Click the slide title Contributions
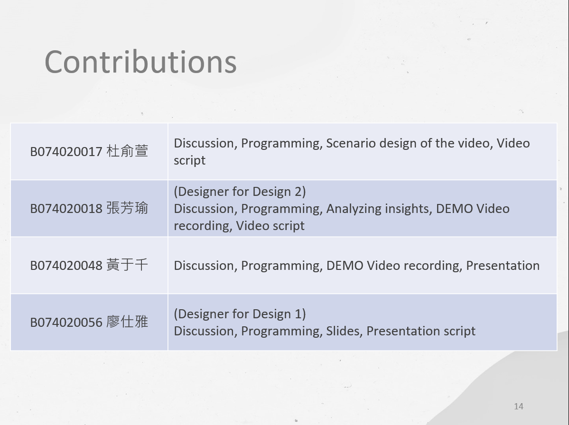point(140,62)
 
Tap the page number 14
point(518,406)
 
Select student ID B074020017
point(66,152)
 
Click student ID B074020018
point(66,209)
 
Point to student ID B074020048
point(66,266)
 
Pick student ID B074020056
point(66,323)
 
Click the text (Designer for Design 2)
point(240,192)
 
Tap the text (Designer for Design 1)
point(240,314)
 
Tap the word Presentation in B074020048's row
point(503,266)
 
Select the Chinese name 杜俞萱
point(127,151)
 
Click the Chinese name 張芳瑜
point(127,208)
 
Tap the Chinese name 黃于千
point(127,265)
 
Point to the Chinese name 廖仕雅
point(127,322)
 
